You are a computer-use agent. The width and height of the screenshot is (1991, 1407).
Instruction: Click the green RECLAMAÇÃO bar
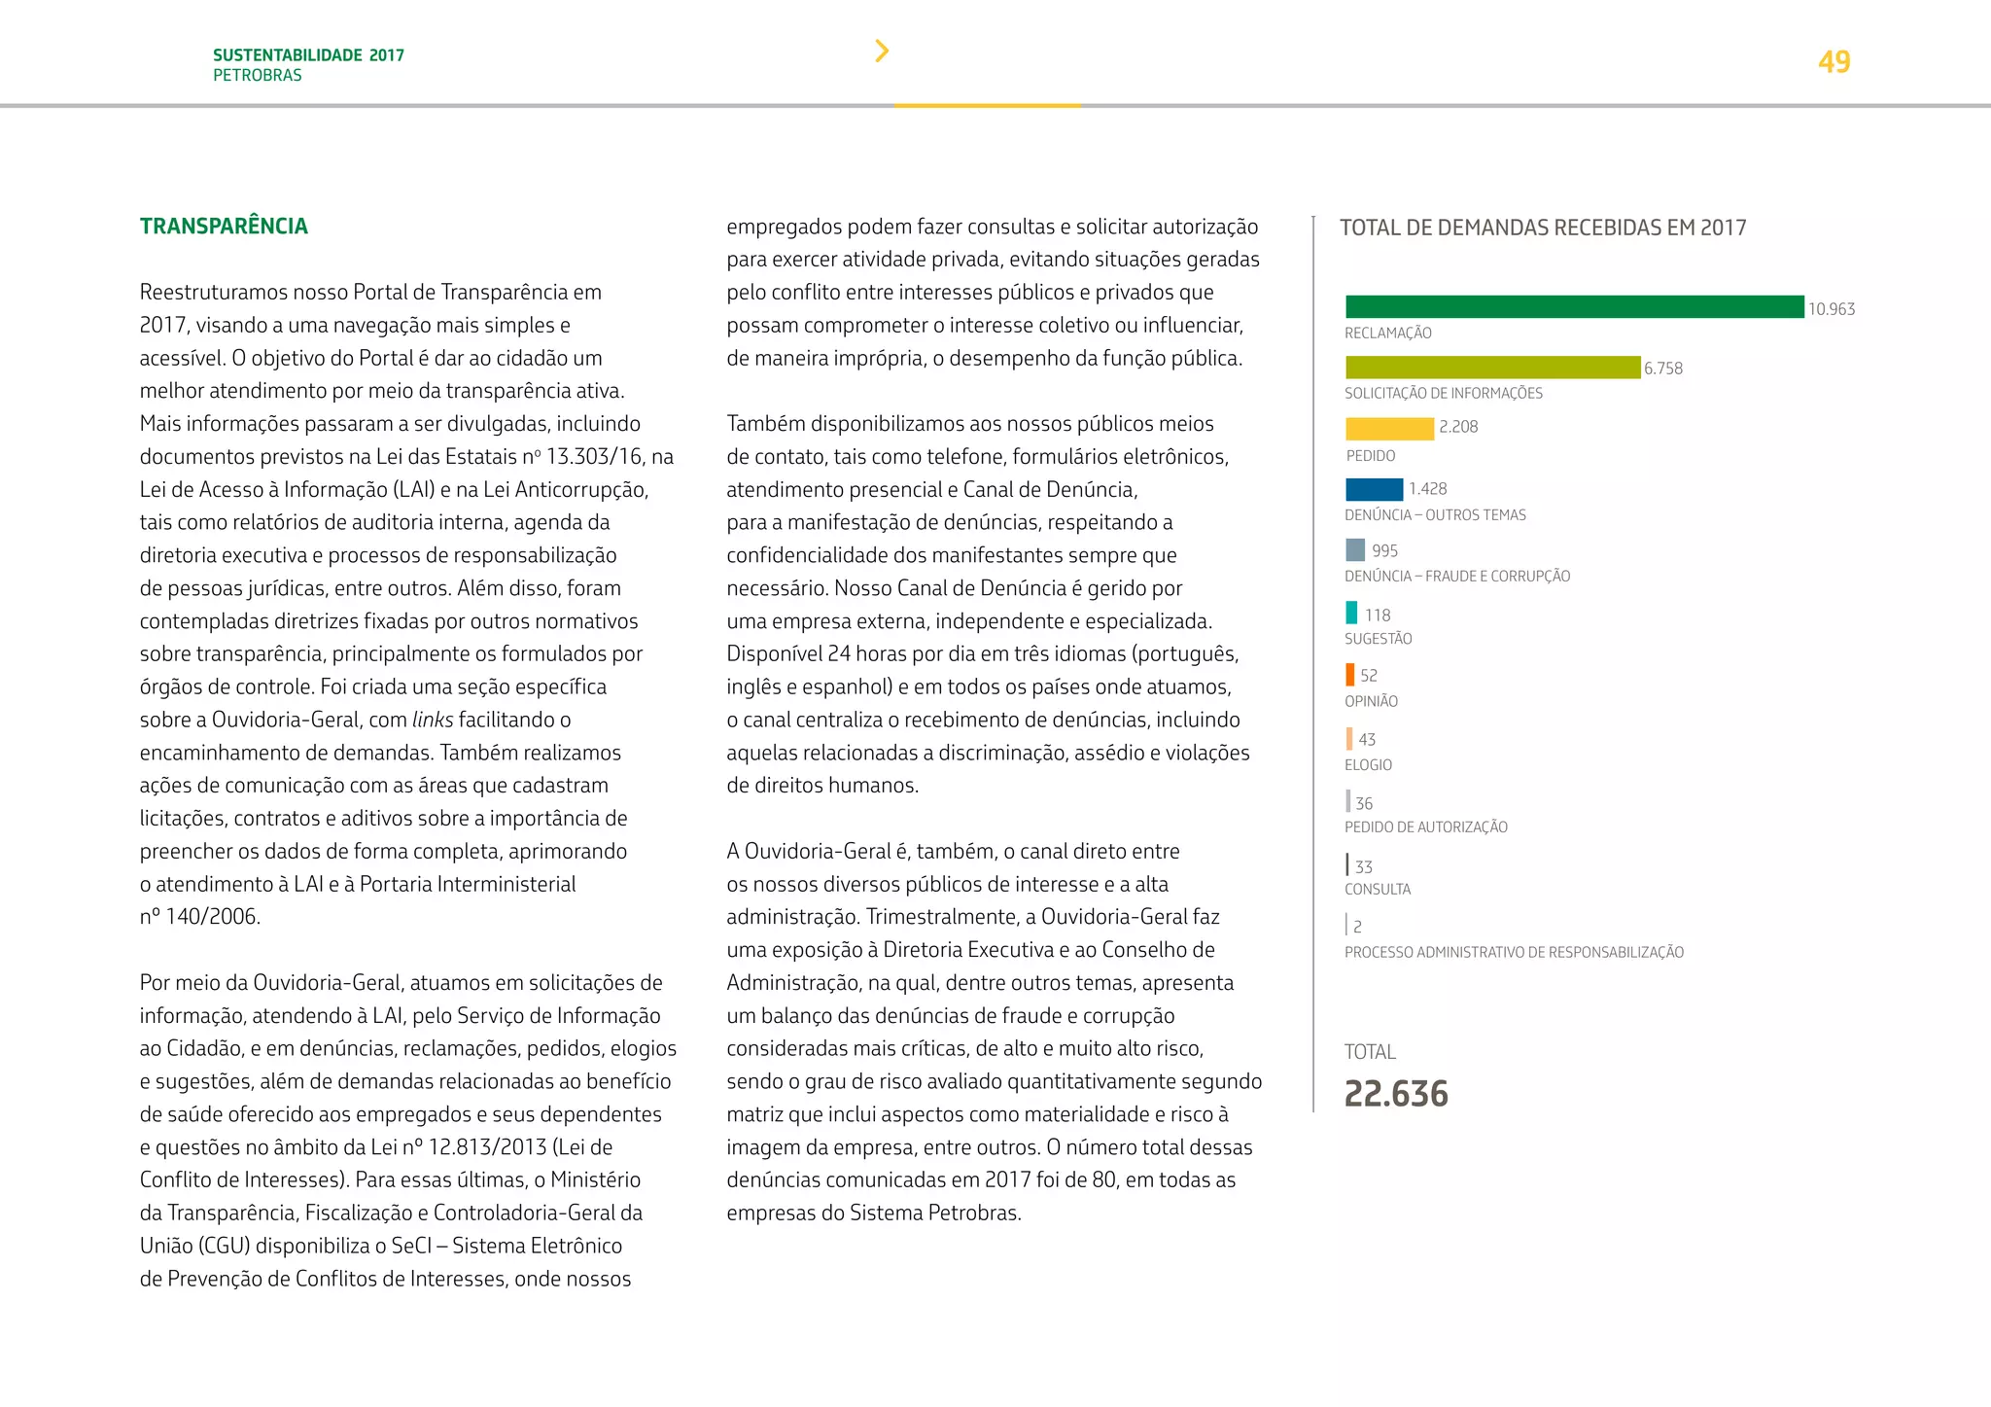tap(1574, 307)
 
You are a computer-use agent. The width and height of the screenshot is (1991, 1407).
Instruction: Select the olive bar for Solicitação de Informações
tap(1492, 368)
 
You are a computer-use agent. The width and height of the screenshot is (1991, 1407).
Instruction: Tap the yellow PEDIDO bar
tap(1389, 428)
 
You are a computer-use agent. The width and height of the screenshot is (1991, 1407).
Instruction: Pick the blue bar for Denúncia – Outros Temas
tap(1374, 489)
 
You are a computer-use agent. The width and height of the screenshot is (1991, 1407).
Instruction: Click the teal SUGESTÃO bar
tap(1351, 613)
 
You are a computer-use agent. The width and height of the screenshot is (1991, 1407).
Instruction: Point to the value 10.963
tap(1832, 309)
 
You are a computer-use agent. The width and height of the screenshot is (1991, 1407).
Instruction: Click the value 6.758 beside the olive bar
tap(1663, 369)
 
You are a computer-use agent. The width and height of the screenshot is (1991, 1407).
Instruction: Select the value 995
tap(1384, 550)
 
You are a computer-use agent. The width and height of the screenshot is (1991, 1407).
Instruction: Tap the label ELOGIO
tap(1368, 765)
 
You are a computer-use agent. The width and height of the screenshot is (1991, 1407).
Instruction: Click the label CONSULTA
tap(1377, 889)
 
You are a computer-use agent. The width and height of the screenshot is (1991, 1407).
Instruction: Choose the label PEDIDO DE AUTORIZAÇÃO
tap(1425, 827)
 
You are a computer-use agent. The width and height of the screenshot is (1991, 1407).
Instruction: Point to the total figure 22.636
tap(1396, 1094)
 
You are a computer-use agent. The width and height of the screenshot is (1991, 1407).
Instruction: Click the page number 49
tap(1834, 62)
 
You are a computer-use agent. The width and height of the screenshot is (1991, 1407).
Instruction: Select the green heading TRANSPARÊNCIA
tap(224, 227)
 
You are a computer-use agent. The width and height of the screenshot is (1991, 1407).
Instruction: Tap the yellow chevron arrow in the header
tap(882, 51)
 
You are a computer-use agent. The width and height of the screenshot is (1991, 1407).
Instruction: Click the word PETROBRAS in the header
tap(258, 76)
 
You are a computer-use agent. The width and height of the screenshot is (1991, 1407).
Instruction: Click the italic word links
tap(433, 720)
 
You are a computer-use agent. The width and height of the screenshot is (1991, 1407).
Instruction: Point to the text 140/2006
tap(212, 917)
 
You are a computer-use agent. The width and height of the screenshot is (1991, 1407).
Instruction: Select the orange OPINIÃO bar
tap(1350, 674)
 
